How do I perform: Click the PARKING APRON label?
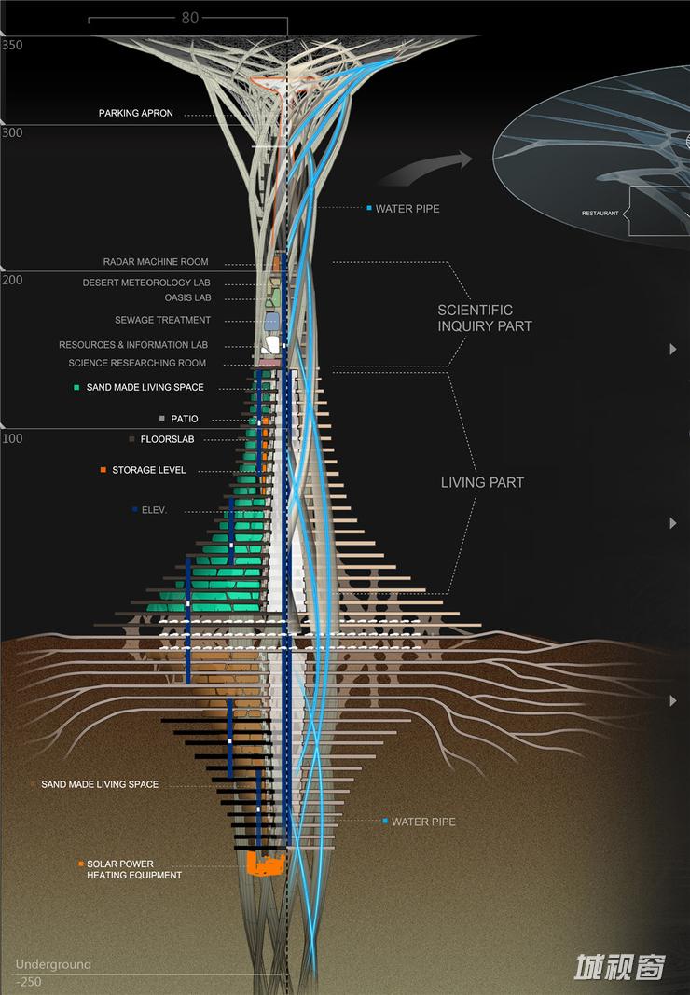pyautogui.click(x=136, y=114)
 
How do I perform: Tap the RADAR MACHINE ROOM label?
pyautogui.click(x=156, y=262)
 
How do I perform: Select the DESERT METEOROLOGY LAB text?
pyautogui.click(x=146, y=283)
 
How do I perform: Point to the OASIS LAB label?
pyautogui.click(x=189, y=298)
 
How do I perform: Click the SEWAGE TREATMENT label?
pyautogui.click(x=162, y=321)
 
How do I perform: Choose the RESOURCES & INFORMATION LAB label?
pyautogui.click(x=133, y=345)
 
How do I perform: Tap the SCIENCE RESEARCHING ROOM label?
pyautogui.click(x=137, y=363)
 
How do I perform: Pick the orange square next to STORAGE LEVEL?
pyautogui.click(x=103, y=470)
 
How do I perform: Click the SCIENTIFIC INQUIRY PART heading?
pyautogui.click(x=485, y=318)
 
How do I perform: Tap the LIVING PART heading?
pyautogui.click(x=482, y=482)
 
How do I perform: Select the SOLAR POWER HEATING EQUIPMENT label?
pyautogui.click(x=133, y=869)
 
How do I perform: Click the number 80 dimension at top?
pyautogui.click(x=189, y=18)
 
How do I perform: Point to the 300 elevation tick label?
pyautogui.click(x=12, y=133)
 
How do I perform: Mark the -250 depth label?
pyautogui.click(x=28, y=982)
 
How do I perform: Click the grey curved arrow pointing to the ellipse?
pyautogui.click(x=424, y=168)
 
